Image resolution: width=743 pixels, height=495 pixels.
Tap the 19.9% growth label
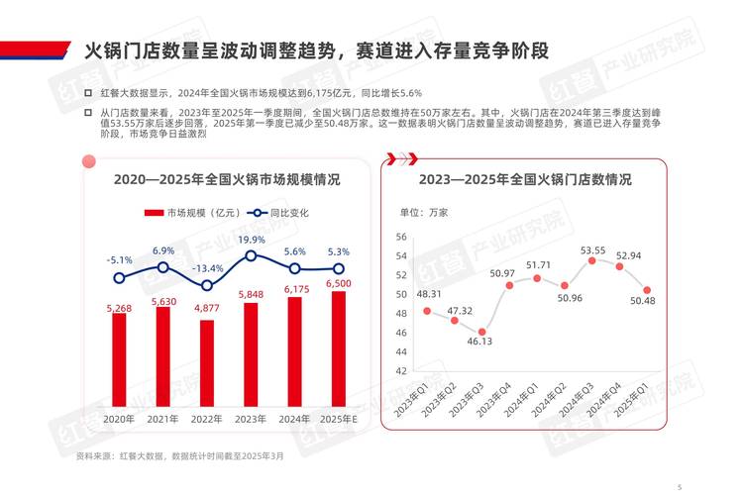252,241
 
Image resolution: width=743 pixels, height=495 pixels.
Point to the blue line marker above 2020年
120,278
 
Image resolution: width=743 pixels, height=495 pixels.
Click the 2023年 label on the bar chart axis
251,419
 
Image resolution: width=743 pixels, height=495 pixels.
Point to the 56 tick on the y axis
401,237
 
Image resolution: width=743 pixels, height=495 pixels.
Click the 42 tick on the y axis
401,370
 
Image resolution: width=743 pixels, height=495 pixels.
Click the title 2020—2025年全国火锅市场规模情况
227,180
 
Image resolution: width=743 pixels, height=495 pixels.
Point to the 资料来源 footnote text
178,455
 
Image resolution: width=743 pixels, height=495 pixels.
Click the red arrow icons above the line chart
400,156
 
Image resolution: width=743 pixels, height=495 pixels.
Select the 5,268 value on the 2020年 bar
120,308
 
